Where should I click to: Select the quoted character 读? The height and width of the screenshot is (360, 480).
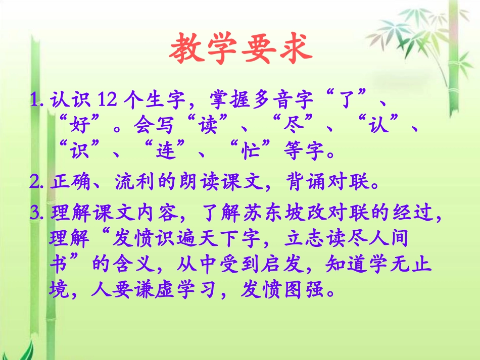207,125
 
